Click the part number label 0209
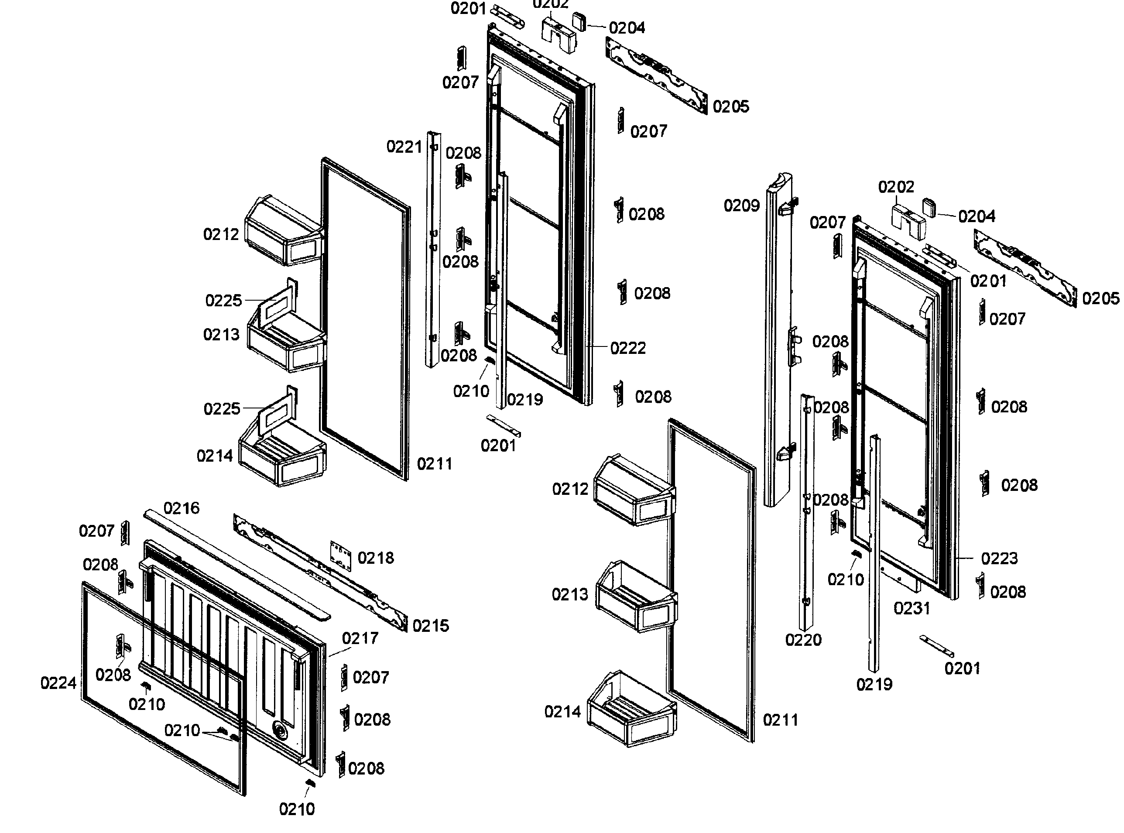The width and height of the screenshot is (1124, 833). (741, 206)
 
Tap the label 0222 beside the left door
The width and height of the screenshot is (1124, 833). (628, 348)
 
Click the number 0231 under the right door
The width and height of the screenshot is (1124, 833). (912, 609)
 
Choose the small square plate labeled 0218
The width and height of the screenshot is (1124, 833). (340, 556)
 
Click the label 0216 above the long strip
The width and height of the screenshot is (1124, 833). (182, 508)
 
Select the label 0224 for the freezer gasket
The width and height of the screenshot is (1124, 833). (58, 683)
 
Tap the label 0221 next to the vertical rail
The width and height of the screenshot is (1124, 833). (404, 147)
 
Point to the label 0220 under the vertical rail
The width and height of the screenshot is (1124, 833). (803, 641)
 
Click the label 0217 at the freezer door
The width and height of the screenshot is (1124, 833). (360, 638)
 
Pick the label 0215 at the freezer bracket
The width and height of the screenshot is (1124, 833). (430, 626)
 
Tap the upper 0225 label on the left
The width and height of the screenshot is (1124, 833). (223, 301)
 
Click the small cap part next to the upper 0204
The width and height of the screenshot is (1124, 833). (579, 22)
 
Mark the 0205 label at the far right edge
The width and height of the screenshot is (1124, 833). (1100, 298)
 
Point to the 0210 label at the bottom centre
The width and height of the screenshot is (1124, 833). (297, 809)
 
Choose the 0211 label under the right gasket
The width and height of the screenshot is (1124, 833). (780, 720)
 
